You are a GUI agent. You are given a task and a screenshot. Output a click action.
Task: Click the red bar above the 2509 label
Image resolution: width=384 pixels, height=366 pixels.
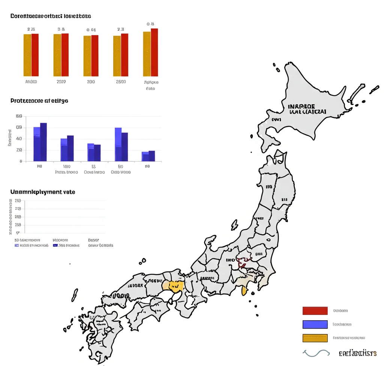click(65, 55)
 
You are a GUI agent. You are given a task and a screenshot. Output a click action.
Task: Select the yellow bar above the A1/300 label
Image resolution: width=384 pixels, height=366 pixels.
click(27, 55)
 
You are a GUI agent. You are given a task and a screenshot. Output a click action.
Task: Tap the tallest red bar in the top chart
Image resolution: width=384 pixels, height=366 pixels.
click(154, 52)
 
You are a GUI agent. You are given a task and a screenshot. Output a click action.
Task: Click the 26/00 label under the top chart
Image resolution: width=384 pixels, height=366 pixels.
click(121, 82)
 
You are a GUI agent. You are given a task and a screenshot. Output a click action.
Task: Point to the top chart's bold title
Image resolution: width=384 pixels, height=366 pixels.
click(51, 16)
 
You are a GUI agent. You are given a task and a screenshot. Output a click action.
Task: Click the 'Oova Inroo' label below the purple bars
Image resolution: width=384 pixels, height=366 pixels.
click(94, 172)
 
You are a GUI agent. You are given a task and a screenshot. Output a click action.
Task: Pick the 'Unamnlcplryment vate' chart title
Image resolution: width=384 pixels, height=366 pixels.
click(43, 192)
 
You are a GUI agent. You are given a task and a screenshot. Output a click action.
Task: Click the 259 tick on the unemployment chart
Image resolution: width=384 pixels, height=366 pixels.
click(18, 201)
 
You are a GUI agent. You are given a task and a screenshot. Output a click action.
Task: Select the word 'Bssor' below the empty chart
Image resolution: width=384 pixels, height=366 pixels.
click(94, 240)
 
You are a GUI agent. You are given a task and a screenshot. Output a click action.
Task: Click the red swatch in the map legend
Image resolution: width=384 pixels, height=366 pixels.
click(315, 310)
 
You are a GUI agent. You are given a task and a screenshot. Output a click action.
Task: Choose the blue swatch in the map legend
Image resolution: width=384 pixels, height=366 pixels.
click(315, 324)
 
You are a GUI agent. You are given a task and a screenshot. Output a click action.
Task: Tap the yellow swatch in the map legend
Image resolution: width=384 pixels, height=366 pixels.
click(315, 338)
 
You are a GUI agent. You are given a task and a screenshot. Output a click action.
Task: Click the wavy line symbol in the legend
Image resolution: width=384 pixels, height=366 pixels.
click(316, 353)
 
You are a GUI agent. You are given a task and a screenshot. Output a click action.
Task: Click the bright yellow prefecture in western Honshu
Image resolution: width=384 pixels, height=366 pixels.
click(174, 286)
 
